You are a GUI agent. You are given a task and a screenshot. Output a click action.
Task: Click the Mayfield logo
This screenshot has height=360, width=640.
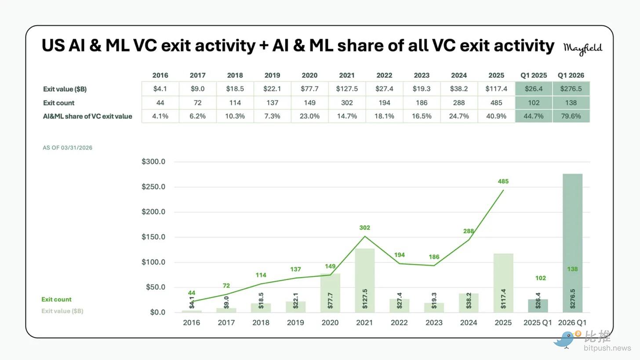click(x=582, y=49)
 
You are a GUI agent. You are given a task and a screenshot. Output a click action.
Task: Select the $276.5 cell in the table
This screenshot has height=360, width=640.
click(x=571, y=89)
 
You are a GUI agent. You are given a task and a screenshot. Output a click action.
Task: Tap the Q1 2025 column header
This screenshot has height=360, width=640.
click(x=534, y=75)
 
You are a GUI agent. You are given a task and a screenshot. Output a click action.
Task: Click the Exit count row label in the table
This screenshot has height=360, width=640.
click(x=58, y=102)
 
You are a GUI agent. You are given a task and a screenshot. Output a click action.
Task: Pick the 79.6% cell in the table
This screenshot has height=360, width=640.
click(x=571, y=116)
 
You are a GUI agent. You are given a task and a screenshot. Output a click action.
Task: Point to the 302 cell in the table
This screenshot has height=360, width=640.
click(x=347, y=102)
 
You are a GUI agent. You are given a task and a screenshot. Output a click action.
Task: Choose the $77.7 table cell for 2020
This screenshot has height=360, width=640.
click(x=309, y=89)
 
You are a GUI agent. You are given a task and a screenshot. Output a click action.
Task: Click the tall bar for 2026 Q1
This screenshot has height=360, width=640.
click(x=572, y=243)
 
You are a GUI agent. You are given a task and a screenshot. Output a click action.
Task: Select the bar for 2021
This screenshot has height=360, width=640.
click(x=364, y=280)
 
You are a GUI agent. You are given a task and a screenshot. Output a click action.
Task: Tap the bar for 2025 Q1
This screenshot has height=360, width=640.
click(x=538, y=306)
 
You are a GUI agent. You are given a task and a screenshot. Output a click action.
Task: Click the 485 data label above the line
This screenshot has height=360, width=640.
click(x=503, y=181)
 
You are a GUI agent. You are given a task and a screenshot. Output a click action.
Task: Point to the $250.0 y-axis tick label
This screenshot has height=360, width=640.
click(x=153, y=186)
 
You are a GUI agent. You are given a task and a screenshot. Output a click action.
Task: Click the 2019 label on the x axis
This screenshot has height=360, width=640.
click(x=295, y=323)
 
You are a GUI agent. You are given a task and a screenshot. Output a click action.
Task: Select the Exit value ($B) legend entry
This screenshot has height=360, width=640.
click(x=62, y=311)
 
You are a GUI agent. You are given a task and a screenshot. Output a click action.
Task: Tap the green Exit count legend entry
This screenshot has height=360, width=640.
click(x=56, y=299)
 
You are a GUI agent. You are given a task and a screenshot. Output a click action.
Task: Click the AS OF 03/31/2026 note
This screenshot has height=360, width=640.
click(x=67, y=148)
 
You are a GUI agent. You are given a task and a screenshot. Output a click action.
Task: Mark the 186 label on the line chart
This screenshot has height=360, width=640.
click(x=434, y=257)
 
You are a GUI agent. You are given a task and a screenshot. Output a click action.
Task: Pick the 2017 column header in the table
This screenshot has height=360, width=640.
click(x=197, y=75)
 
